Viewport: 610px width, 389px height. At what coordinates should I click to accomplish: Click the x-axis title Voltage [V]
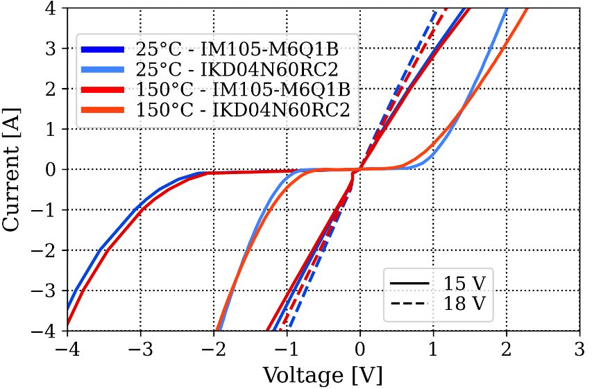point(323,375)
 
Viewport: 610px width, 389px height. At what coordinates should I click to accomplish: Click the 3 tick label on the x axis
point(579,347)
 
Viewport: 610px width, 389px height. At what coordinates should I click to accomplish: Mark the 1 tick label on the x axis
point(433,347)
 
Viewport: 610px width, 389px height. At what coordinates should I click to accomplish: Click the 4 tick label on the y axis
point(55,8)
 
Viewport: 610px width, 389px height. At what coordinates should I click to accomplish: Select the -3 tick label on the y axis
point(50,291)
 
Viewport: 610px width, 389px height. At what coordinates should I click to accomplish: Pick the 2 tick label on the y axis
point(55,89)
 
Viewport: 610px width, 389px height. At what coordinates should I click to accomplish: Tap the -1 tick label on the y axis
point(50,210)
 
